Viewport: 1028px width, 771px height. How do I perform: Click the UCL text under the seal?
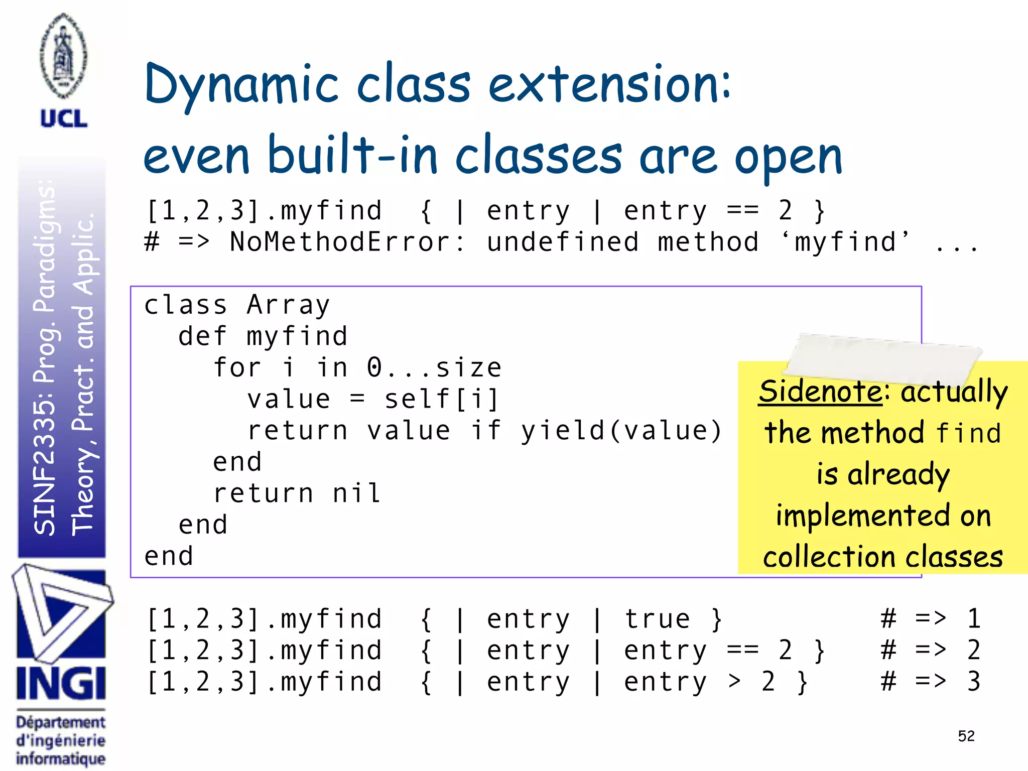(x=64, y=118)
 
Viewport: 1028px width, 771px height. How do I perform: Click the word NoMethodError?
(x=346, y=242)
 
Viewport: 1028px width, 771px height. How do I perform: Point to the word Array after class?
(x=288, y=305)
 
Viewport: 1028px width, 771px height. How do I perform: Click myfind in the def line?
(x=297, y=336)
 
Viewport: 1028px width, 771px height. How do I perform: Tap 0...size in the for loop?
(x=434, y=368)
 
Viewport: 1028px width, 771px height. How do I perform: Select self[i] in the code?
(x=442, y=400)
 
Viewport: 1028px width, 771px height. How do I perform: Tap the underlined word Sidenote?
(x=820, y=391)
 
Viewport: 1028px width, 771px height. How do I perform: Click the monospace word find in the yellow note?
(x=968, y=433)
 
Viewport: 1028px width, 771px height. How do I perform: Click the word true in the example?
(x=657, y=619)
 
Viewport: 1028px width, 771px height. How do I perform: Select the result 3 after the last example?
(x=973, y=682)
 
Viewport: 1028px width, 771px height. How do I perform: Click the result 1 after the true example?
(x=973, y=619)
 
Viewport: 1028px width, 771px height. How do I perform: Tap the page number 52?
(x=966, y=736)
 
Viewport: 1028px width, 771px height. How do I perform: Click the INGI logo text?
(x=61, y=684)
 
